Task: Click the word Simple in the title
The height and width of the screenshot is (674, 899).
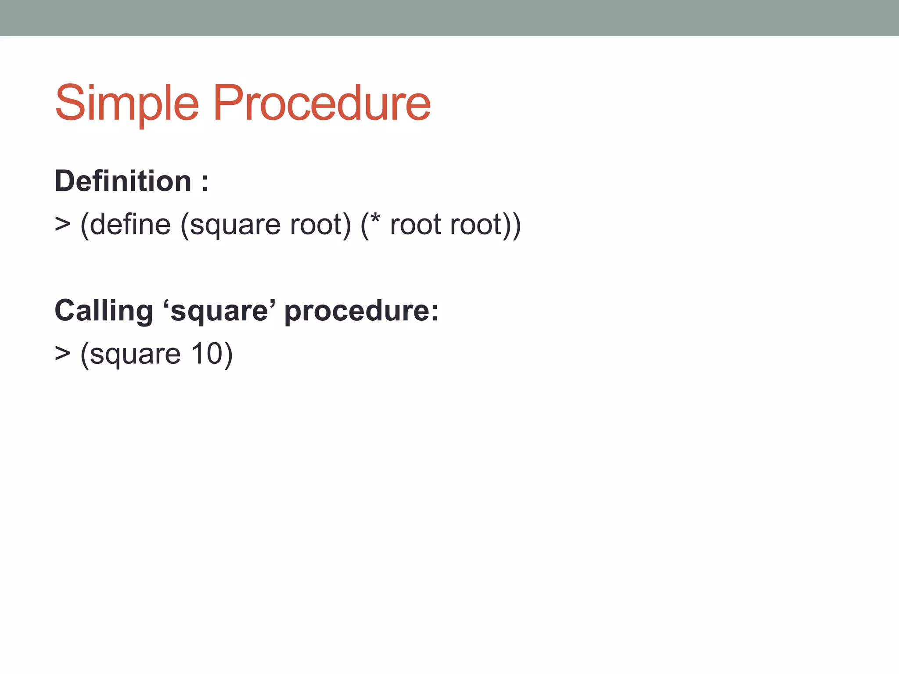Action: [x=127, y=104]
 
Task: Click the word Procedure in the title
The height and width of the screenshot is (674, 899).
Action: [x=321, y=104]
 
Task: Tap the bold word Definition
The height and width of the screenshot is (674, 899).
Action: [x=123, y=181]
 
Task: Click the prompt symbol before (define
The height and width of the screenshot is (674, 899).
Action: [x=62, y=224]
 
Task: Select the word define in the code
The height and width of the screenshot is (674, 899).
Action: [x=130, y=224]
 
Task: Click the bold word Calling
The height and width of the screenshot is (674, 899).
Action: [x=104, y=311]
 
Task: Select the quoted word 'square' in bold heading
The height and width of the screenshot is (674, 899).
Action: [x=219, y=311]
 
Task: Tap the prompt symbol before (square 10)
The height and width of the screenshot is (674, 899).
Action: [x=62, y=353]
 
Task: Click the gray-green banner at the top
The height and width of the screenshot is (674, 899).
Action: [x=449, y=18]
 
